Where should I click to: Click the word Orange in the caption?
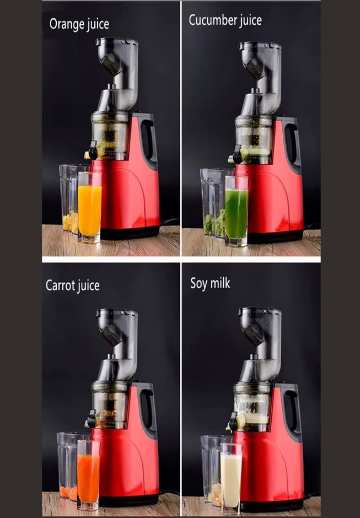[66, 24]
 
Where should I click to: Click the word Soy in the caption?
[198, 284]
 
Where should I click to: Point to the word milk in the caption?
[220, 283]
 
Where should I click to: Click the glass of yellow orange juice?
[89, 209]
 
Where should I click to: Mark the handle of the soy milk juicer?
[291, 411]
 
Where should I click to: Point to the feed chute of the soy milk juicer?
[259, 328]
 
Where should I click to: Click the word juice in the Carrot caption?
[87, 286]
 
